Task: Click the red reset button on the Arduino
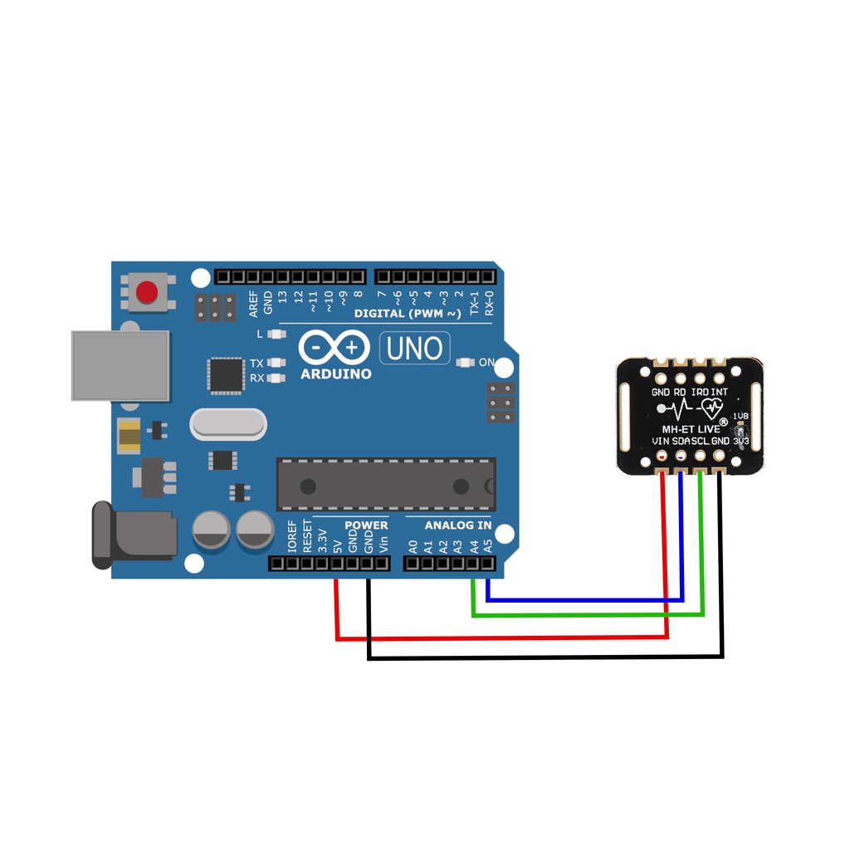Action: pyautogui.click(x=148, y=292)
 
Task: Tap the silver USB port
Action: pyautogui.click(x=120, y=365)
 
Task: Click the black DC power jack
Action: pyautogui.click(x=133, y=535)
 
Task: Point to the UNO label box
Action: pyautogui.click(x=415, y=349)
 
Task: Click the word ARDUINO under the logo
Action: pyautogui.click(x=336, y=374)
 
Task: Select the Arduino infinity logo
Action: pyautogui.click(x=335, y=347)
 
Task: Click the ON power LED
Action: pyautogui.click(x=465, y=362)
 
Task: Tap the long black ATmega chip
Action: pyautogui.click(x=386, y=484)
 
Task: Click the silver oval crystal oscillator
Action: pyautogui.click(x=228, y=424)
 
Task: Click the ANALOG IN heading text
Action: pyautogui.click(x=457, y=525)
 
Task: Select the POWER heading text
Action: pyautogui.click(x=366, y=525)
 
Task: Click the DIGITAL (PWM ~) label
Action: pyautogui.click(x=408, y=314)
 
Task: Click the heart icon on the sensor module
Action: pyautogui.click(x=711, y=408)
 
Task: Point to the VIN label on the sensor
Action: pyautogui.click(x=661, y=441)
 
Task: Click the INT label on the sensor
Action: pyautogui.click(x=719, y=391)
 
